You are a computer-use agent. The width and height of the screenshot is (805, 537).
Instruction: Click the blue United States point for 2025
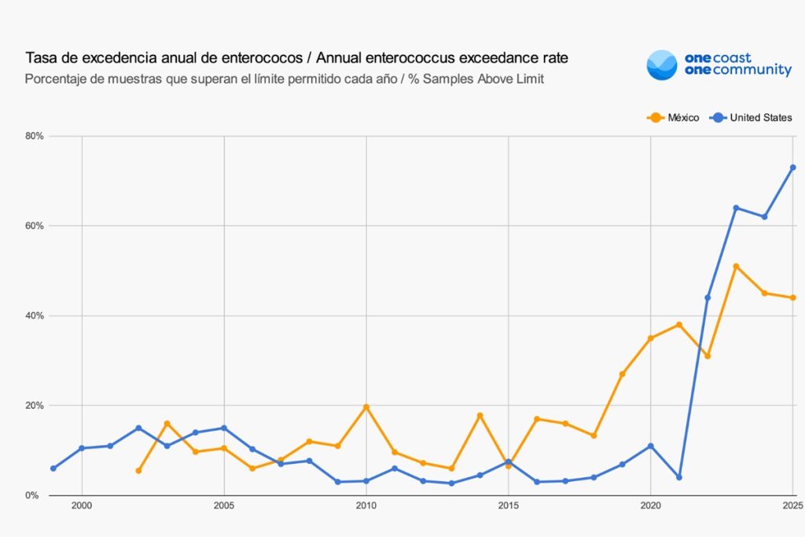792,167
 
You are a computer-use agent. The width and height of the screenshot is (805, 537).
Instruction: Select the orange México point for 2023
736,267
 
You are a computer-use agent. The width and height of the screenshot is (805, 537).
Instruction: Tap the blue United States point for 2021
679,477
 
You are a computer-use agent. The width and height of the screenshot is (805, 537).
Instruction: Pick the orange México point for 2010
366,407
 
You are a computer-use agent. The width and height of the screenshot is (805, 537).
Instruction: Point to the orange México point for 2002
138,471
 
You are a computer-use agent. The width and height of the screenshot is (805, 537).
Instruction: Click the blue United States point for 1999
53,469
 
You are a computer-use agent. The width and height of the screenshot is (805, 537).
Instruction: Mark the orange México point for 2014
480,415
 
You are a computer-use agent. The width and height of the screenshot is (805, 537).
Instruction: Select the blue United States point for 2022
708,298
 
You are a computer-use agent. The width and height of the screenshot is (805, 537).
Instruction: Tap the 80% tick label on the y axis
34,136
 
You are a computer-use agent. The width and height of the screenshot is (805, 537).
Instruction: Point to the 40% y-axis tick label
34,316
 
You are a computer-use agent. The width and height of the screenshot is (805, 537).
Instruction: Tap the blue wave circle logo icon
661,64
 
